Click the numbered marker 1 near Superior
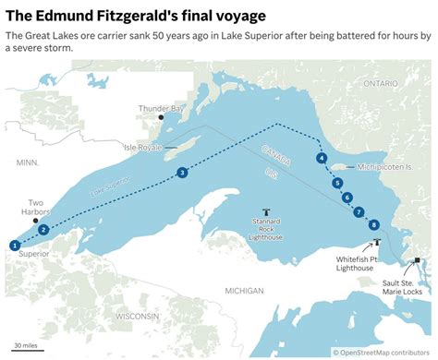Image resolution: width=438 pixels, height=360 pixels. pos(15,244)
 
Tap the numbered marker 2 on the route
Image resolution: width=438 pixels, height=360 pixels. pos(43,229)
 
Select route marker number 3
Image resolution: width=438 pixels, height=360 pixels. pos(183,173)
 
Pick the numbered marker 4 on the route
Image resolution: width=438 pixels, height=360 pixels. pos(321,159)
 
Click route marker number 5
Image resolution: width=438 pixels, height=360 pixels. pos(338,183)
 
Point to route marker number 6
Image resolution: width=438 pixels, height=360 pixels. pos(347,197)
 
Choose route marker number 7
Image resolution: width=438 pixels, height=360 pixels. pos(358,211)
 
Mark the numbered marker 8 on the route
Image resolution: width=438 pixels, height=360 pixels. pos(373,224)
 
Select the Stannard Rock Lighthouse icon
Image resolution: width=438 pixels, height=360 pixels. pos(267,211)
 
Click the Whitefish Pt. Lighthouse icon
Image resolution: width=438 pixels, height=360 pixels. pos(377,243)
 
